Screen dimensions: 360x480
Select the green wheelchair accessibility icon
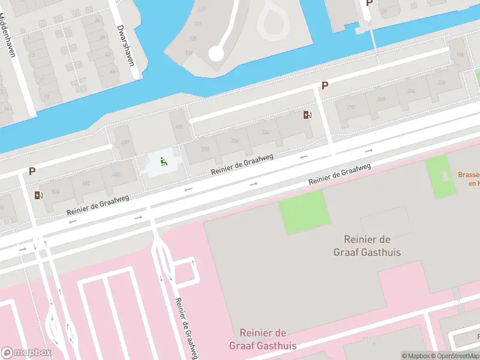click(x=163, y=161)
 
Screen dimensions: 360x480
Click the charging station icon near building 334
click(x=308, y=115)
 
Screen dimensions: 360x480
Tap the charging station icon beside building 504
click(x=39, y=195)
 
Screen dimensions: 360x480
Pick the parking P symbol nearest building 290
click(x=325, y=86)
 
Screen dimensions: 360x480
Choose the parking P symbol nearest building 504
click(x=32, y=172)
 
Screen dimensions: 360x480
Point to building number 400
click(x=179, y=127)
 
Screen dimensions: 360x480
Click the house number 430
click(x=125, y=142)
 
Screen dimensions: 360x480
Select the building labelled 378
click(x=205, y=149)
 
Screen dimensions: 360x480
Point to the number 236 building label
click(x=441, y=82)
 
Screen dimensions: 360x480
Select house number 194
click(x=460, y=55)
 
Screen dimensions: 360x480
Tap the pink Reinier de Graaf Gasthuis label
click(x=262, y=339)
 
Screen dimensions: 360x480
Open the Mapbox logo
click(x=27, y=353)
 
